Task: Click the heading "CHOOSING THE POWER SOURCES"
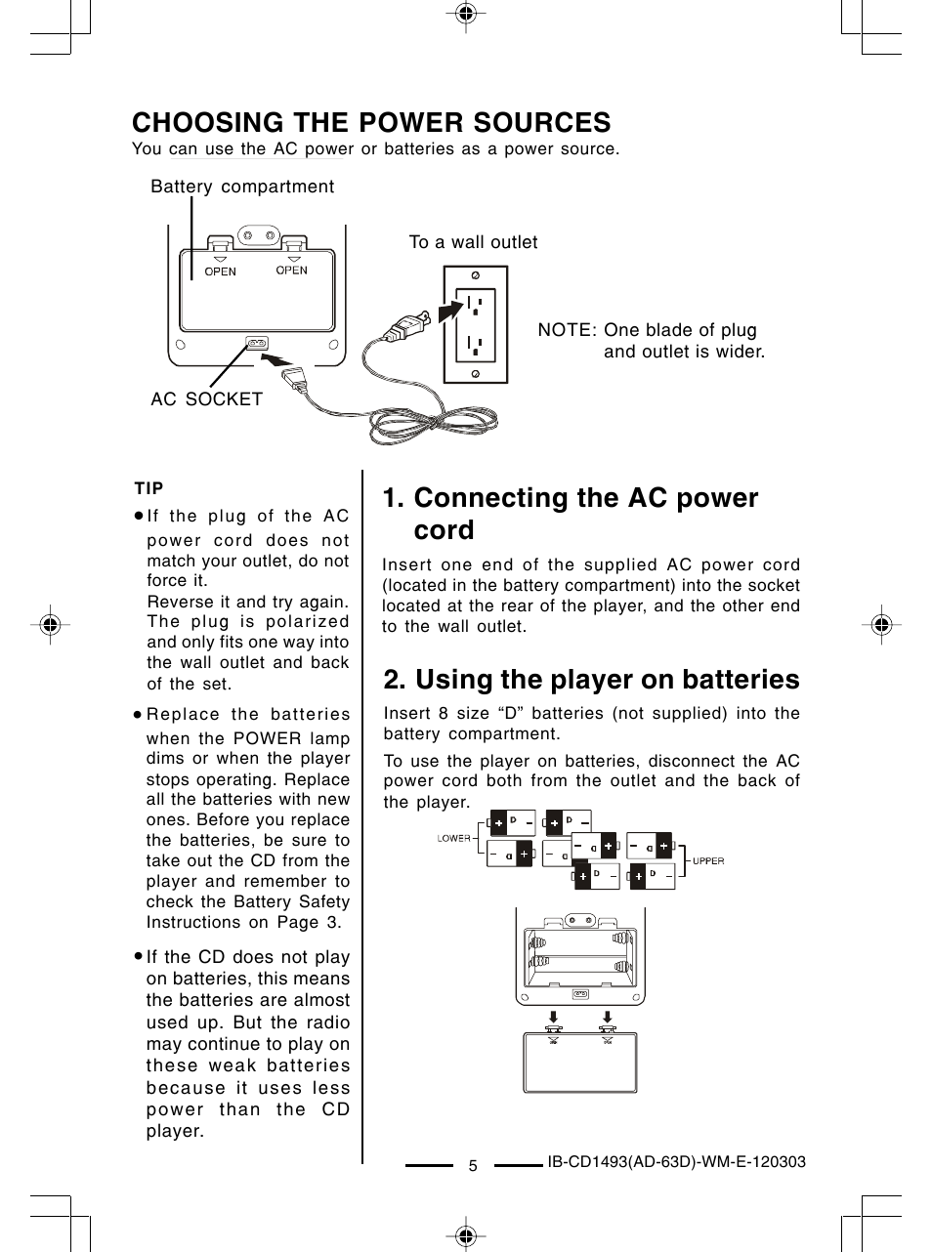point(371,123)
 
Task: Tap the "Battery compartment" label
point(242,187)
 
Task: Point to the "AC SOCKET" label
point(206,398)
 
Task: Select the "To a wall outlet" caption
point(473,242)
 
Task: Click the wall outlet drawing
point(475,324)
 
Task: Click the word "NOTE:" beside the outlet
point(567,330)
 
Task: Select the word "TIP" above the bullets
point(148,488)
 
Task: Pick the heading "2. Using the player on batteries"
point(591,680)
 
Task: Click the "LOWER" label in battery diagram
point(454,838)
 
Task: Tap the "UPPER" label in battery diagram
point(708,861)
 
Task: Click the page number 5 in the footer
point(473,1166)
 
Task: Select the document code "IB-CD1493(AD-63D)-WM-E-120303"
point(676,1162)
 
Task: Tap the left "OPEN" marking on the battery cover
point(220,271)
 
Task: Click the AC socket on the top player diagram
point(256,343)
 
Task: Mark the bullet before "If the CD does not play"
point(140,957)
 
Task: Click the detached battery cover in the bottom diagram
point(581,1063)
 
